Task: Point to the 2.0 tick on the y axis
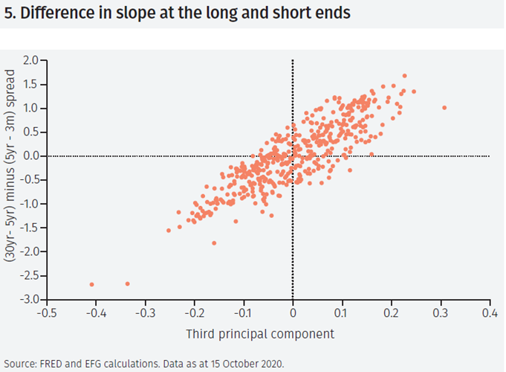30,60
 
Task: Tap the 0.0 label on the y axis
30,155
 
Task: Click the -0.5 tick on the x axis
46,313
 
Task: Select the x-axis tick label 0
293,313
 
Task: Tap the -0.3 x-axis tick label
144,313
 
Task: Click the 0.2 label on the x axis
391,313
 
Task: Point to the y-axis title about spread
12,179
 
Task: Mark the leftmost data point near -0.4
91,284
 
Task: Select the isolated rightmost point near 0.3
444,107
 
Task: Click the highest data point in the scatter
404,75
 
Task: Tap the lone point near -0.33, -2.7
127,283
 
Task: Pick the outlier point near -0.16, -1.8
214,243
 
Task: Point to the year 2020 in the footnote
270,364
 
